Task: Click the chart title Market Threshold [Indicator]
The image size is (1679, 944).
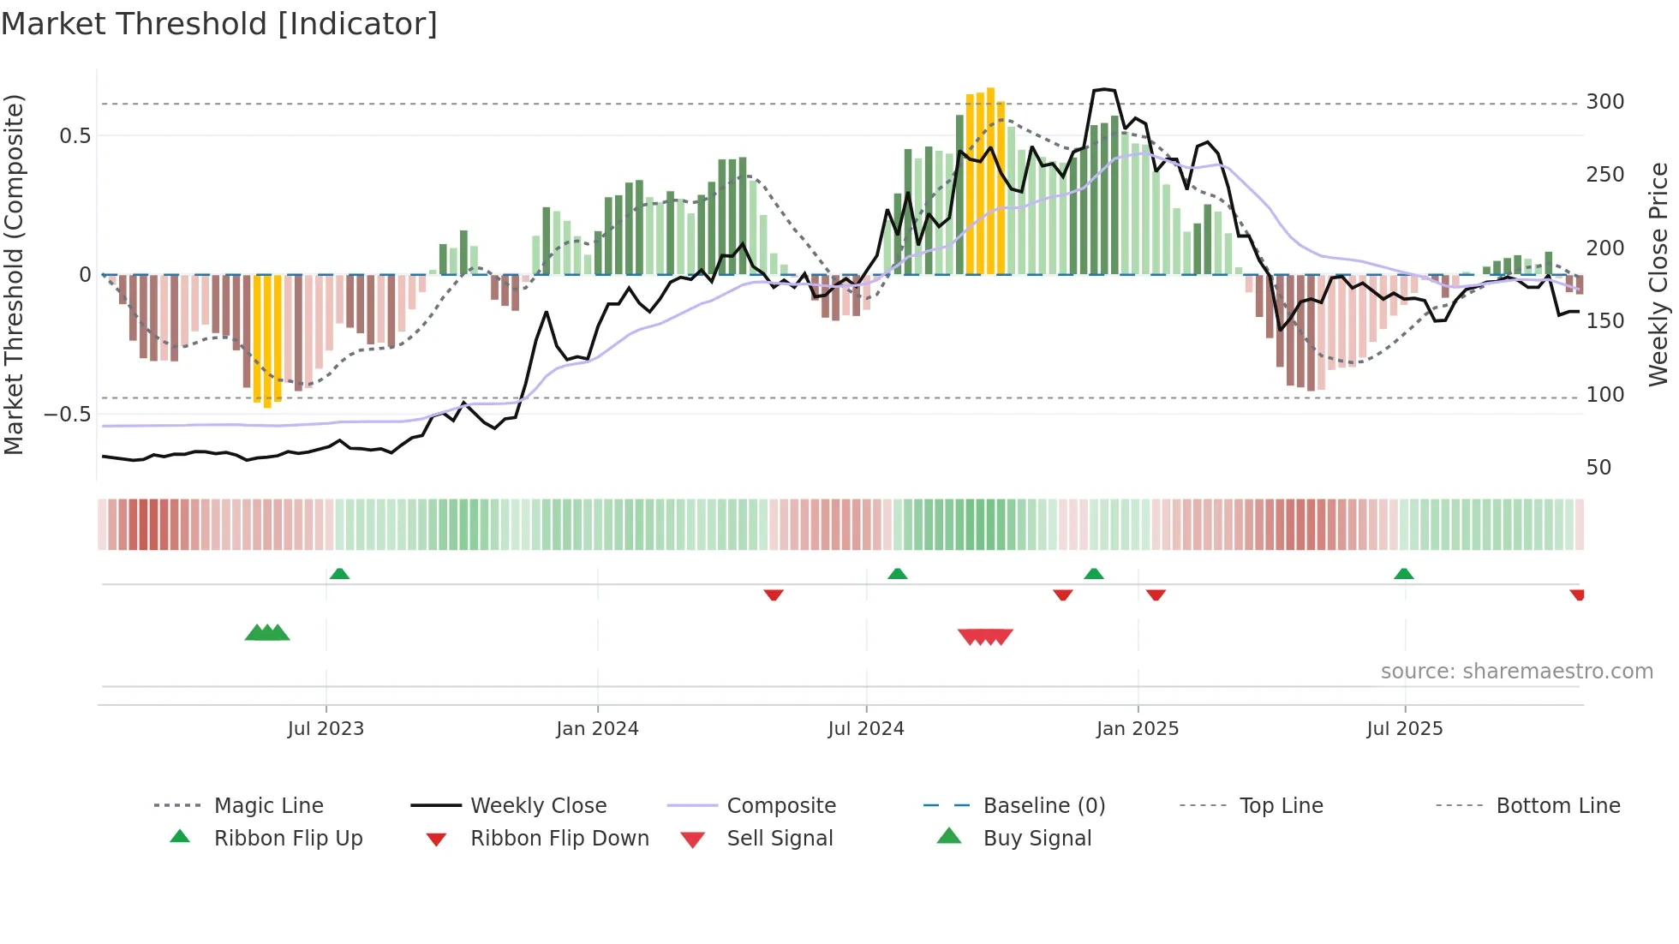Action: (x=219, y=24)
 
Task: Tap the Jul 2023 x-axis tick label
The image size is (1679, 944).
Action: (x=326, y=729)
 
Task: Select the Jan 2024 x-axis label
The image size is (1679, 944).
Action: (x=597, y=729)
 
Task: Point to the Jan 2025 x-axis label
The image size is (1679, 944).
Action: (x=1138, y=729)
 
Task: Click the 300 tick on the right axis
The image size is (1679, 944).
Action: (x=1604, y=102)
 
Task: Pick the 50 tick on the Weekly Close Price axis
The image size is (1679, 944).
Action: (x=1598, y=468)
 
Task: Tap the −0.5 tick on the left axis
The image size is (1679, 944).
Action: (x=68, y=415)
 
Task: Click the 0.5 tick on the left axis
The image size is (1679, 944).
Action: (x=75, y=136)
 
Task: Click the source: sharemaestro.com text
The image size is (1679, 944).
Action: (x=1516, y=672)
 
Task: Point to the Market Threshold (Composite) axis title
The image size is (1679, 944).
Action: (x=14, y=274)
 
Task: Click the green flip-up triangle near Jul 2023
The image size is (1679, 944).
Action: (x=339, y=574)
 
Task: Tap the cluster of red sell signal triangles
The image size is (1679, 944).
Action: (x=985, y=636)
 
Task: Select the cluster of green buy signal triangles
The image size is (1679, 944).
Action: (x=267, y=633)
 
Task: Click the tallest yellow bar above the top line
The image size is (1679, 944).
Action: (x=990, y=180)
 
